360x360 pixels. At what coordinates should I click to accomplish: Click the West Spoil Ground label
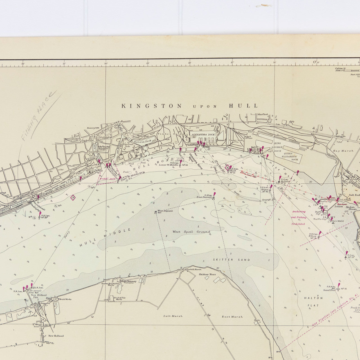[191, 232]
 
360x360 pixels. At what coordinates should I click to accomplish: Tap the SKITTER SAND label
[231, 260]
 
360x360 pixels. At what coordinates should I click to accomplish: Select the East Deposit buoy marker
[213, 198]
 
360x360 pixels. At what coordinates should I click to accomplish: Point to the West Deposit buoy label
[165, 211]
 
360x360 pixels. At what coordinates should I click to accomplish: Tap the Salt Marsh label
[173, 316]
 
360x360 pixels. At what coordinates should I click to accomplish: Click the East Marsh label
[232, 317]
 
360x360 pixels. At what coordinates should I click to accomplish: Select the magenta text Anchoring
[299, 211]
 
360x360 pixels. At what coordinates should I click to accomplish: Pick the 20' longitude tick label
[106, 64]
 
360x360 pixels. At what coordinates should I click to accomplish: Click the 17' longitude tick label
[232, 62]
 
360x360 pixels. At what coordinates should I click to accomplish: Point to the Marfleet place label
[261, 114]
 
